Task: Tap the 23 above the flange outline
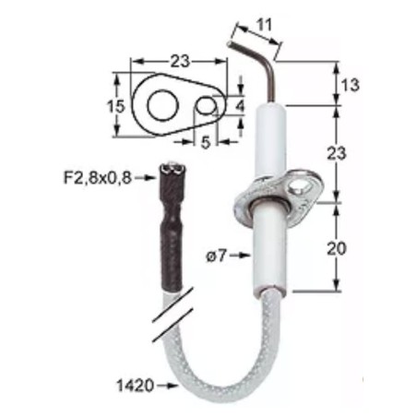click(179, 62)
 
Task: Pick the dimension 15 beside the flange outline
click(115, 106)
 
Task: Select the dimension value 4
click(242, 106)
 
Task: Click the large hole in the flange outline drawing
click(163, 104)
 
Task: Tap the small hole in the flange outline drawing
click(207, 107)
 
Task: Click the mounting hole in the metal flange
click(298, 188)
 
